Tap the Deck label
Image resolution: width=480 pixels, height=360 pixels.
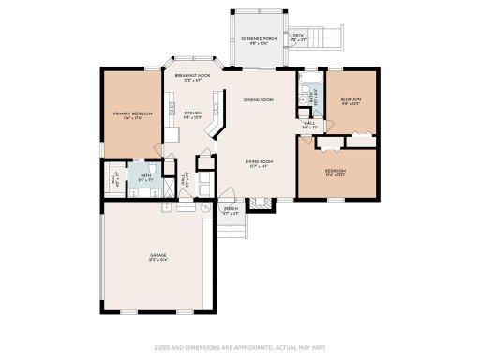point(299,37)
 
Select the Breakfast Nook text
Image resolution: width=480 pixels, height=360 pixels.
point(191,78)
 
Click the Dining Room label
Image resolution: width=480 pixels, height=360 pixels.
point(258,99)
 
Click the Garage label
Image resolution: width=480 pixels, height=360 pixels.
point(158,255)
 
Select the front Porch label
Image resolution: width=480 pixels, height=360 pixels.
point(231,211)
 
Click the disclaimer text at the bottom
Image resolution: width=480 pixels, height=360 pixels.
point(240,346)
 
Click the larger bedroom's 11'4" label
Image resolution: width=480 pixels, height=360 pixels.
point(336,172)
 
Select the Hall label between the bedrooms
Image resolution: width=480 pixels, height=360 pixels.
point(308,125)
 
